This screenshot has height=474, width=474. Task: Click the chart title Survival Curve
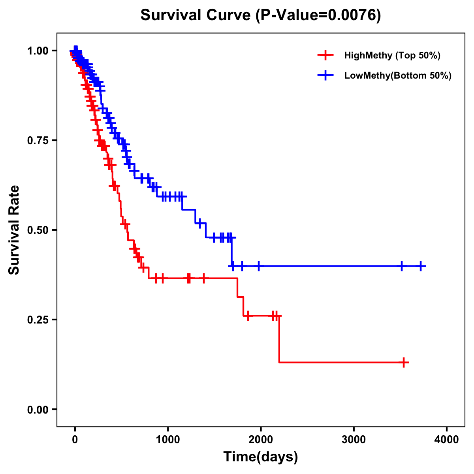pos(196,15)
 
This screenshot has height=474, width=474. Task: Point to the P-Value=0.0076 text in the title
pos(318,15)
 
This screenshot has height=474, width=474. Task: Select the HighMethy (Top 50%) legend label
pos(392,55)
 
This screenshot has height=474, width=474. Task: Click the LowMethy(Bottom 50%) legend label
pos(398,76)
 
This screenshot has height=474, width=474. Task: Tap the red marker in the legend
pos(325,55)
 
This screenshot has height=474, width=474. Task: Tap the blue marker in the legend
pos(325,76)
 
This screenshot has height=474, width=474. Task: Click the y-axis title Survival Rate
pos(14,229)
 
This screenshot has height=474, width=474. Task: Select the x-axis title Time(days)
pos(261,457)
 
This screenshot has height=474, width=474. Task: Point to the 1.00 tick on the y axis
pos(38,51)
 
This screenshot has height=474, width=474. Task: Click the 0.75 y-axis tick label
pos(38,140)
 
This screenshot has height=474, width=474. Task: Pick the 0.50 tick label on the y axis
pos(38,230)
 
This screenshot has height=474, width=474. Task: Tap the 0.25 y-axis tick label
pos(38,320)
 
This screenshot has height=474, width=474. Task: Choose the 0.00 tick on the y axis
pos(38,409)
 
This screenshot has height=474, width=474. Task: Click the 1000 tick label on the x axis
pos(168,440)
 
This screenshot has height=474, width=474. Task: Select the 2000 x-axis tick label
pos(261,440)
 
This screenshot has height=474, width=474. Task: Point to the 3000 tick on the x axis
pos(354,440)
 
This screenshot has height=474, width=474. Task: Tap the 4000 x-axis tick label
pos(447,440)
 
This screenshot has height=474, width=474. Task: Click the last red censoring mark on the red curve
pos(404,362)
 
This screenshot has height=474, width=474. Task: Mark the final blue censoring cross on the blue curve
pos(421,266)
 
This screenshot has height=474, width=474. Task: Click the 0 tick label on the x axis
pos(75,440)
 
